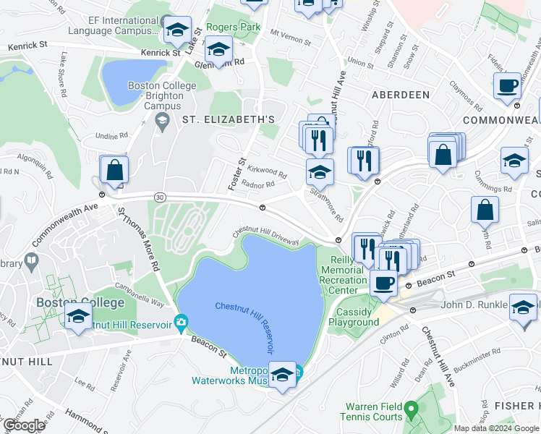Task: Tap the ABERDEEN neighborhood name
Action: pyautogui.click(x=401, y=95)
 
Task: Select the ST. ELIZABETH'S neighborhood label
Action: pyautogui.click(x=229, y=119)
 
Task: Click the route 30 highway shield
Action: pyautogui.click(x=159, y=197)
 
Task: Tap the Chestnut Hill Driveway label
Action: pyautogui.click(x=265, y=237)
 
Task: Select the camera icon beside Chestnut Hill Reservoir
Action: pyautogui.click(x=181, y=321)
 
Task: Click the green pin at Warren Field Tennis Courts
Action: pyautogui.click(x=412, y=411)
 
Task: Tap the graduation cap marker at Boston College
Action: pyautogui.click(x=78, y=317)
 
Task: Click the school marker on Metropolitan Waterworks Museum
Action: pyautogui.click(x=283, y=374)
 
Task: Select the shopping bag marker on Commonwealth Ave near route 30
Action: pyautogui.click(x=114, y=171)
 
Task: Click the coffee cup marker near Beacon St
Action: pyautogui.click(x=383, y=282)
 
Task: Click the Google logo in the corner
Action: pyautogui.click(x=23, y=425)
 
